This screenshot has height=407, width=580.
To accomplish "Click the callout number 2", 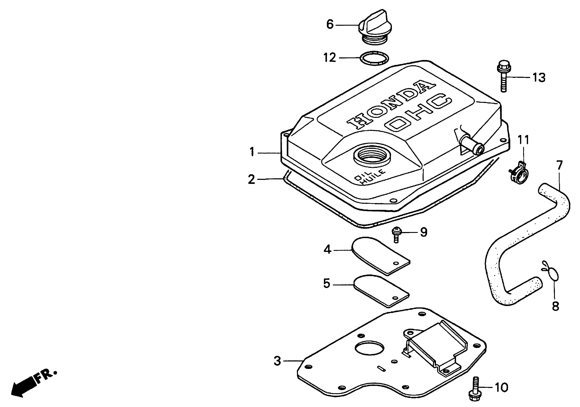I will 251,179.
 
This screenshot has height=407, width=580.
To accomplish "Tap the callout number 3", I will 277,361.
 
